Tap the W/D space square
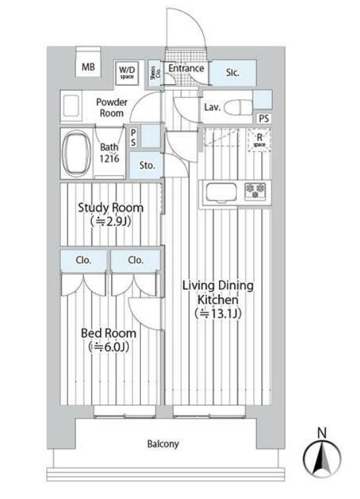[x=127, y=73]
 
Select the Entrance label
[x=186, y=68]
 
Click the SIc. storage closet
[x=234, y=73]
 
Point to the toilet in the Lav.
[x=238, y=108]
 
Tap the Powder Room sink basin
[x=71, y=106]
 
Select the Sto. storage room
[x=146, y=165]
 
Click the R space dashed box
[x=259, y=140]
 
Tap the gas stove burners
[x=255, y=191]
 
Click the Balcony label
[x=163, y=443]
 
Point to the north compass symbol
[x=322, y=457]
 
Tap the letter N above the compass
[x=322, y=433]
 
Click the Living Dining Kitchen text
[x=218, y=299]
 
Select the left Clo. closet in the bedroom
[x=83, y=260]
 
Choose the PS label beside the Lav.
[x=264, y=118]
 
